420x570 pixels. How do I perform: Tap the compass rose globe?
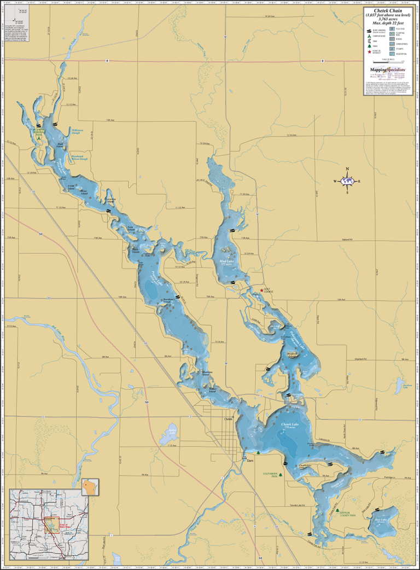coord(348,181)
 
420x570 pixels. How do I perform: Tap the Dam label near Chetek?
coord(250,461)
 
